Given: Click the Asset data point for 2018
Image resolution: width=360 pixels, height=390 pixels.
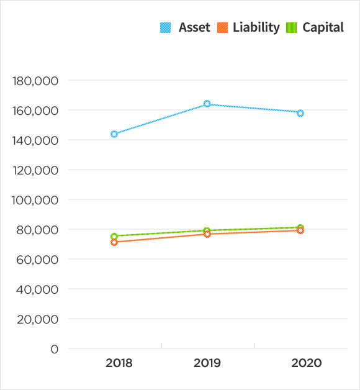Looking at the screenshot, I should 114,134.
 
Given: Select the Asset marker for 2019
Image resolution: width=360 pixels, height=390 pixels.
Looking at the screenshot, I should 207,104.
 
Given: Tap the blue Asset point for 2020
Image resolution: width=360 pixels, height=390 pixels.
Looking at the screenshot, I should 300,113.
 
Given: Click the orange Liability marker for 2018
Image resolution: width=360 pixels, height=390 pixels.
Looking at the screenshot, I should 114,242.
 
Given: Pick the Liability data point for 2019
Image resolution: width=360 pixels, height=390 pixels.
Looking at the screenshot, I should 207,234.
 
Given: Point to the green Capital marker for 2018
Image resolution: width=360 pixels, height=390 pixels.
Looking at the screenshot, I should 114,236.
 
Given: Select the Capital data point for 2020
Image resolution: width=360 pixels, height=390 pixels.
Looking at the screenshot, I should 300,228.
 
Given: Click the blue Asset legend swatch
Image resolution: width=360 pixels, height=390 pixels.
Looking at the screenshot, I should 165,27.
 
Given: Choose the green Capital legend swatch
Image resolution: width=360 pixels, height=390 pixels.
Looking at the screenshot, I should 291,27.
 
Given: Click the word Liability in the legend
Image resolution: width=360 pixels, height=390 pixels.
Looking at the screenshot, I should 256,27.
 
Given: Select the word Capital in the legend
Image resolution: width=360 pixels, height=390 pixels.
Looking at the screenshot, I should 323,27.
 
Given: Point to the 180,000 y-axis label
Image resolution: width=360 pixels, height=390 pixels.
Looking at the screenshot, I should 35,81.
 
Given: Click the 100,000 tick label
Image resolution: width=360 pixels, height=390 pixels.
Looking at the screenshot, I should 35,200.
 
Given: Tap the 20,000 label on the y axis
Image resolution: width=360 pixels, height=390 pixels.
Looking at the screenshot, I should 38,319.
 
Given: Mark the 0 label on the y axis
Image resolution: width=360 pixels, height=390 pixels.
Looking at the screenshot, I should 55,349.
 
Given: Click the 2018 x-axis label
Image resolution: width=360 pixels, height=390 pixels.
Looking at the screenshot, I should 119,363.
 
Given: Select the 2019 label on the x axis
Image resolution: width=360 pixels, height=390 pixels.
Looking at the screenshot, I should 207,363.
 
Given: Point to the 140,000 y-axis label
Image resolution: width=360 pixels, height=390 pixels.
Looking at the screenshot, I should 35,140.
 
